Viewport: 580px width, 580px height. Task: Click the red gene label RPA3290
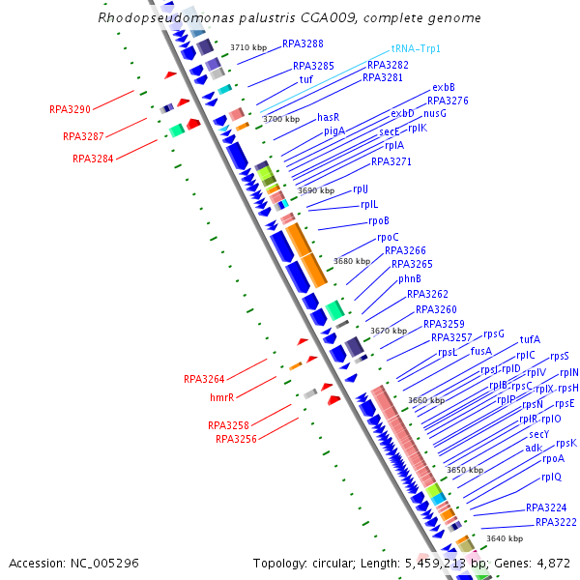70,109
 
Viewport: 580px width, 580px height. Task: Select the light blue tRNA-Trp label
417,48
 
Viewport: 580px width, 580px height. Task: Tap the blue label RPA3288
303,44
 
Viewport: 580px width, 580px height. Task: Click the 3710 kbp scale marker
248,47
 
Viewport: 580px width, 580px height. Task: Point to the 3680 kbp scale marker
352,261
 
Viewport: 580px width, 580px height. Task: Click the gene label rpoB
375,220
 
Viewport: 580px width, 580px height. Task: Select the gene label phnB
410,278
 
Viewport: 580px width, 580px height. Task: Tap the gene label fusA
481,351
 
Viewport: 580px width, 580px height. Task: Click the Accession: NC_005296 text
73,563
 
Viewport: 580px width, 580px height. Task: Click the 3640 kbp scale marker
505,538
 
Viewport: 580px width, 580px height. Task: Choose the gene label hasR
329,117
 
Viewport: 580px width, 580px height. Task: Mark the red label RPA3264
204,379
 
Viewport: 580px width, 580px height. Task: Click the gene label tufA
530,339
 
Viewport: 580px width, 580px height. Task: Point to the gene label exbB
444,88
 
